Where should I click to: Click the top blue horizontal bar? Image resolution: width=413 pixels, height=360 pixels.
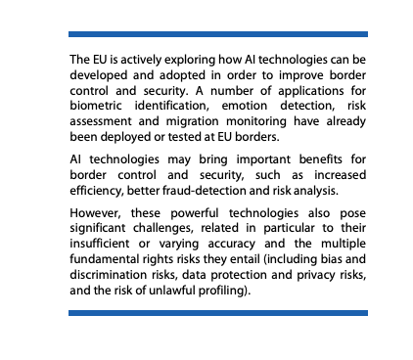pyautogui.click(x=217, y=33)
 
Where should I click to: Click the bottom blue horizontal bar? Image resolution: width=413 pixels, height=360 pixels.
pyautogui.click(x=217, y=313)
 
